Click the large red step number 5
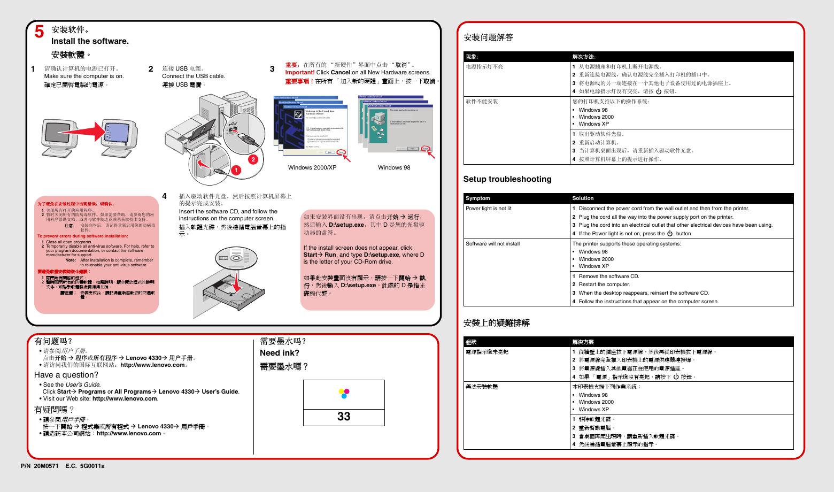point(39,32)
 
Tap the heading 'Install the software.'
point(90,41)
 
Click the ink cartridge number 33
point(344,417)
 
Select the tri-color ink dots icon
point(344,394)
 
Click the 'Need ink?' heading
point(279,353)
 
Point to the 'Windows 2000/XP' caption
point(312,167)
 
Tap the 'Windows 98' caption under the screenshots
point(394,167)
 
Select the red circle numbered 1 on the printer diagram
point(233,170)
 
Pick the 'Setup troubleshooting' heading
point(507,179)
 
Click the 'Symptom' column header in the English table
point(477,198)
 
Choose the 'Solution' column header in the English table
point(583,198)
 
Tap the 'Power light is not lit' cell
point(488,209)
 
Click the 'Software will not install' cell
point(492,244)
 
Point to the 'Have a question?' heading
point(66,375)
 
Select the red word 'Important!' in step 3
point(299,73)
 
